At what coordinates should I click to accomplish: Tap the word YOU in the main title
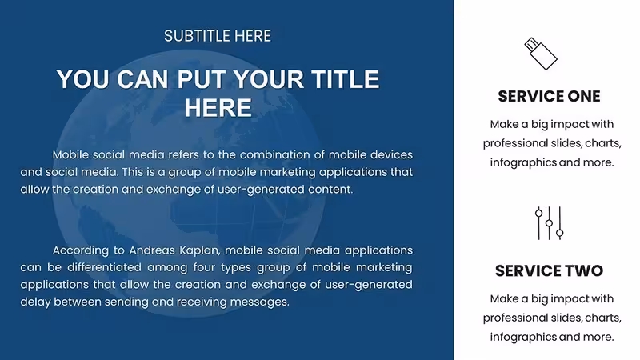[83, 78]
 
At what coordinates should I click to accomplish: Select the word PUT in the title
[199, 78]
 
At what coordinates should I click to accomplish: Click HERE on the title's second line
[218, 108]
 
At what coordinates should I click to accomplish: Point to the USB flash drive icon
[541, 54]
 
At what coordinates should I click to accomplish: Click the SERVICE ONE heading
[549, 96]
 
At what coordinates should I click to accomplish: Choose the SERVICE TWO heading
[549, 270]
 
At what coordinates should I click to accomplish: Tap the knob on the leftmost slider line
[538, 213]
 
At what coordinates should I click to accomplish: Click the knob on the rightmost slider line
[559, 233]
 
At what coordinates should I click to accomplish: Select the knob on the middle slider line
[549, 223]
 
